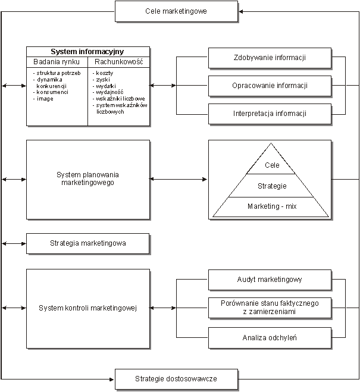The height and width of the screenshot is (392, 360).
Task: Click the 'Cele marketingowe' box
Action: pos(176,11)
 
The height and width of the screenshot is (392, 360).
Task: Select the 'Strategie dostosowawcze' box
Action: pos(176,379)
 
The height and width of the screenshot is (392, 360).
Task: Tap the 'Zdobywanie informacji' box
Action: pos(270,58)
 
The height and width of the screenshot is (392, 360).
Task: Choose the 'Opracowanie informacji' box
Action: pos(270,86)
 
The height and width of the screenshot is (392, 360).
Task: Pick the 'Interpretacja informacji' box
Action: pos(270,114)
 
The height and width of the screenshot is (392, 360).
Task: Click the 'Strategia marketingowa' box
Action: pos(87,243)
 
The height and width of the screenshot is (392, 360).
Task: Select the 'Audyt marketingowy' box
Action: pos(270,279)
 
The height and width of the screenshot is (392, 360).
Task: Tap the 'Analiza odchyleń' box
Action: pos(270,338)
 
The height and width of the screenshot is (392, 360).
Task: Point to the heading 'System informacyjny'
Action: pos(87,52)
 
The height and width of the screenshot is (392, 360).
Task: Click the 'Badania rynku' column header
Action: pos(57,61)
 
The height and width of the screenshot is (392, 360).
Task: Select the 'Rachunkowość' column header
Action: pos(118,61)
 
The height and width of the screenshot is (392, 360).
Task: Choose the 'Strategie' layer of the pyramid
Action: pos(272,186)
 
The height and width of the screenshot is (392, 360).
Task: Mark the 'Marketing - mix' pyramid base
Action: pos(272,206)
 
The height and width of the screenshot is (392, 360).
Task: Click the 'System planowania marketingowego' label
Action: pos(87,178)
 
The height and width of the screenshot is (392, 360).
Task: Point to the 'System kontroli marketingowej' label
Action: pos(87,308)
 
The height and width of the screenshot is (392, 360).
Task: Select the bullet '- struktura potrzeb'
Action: pos(57,73)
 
